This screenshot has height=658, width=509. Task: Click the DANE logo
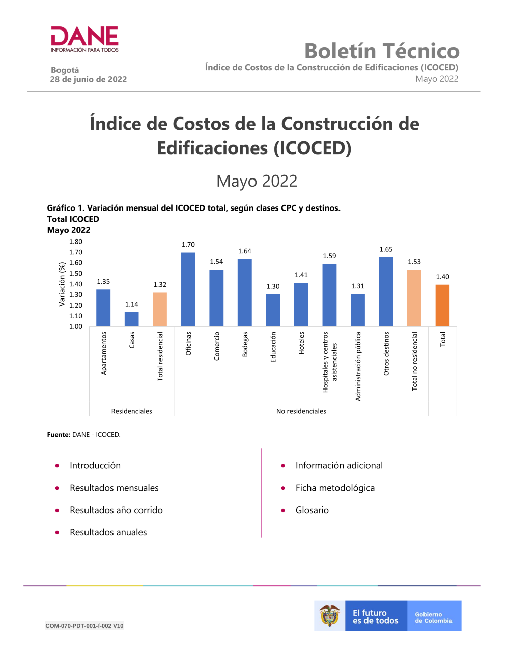click(84, 39)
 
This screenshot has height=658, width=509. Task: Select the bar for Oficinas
click(188, 289)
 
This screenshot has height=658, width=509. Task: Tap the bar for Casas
click(132, 319)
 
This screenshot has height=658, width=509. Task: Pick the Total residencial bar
click(160, 309)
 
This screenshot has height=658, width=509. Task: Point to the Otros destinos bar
click(386, 292)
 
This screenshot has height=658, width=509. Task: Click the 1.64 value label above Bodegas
click(245, 251)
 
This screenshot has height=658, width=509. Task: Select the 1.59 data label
click(329, 256)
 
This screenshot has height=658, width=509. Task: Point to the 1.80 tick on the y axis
click(76, 242)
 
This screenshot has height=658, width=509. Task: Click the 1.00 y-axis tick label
click(76, 326)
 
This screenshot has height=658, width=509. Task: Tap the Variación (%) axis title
click(62, 284)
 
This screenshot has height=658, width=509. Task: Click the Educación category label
click(273, 347)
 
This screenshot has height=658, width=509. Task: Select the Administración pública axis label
click(358, 366)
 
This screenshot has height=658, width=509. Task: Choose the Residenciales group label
click(132, 411)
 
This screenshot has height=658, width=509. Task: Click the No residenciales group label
click(301, 411)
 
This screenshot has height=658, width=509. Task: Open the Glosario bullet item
click(312, 510)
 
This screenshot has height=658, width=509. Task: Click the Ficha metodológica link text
click(335, 488)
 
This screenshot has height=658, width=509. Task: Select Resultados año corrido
click(116, 510)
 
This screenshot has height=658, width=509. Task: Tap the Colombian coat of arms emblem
click(330, 616)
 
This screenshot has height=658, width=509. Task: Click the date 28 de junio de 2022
click(89, 79)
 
